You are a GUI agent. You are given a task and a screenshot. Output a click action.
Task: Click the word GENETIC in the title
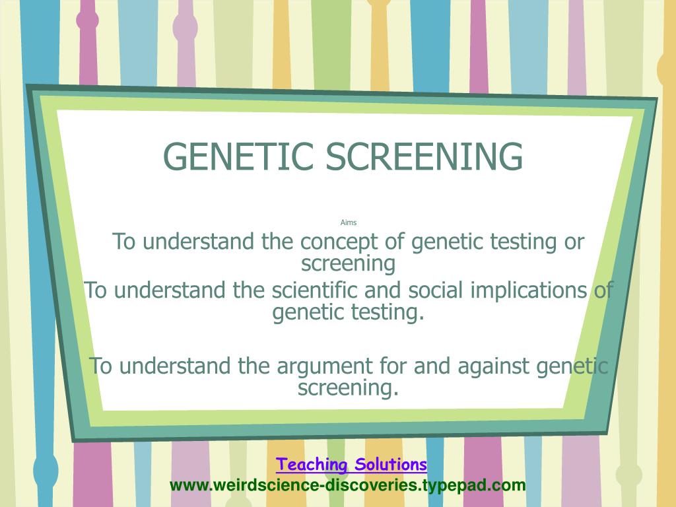tap(238, 156)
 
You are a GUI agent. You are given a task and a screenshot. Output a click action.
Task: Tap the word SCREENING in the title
tap(424, 156)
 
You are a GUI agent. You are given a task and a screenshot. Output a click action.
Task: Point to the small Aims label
tap(349, 222)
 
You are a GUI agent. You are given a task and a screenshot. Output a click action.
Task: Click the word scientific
tap(315, 290)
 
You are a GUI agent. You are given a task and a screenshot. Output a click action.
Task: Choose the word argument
tap(325, 367)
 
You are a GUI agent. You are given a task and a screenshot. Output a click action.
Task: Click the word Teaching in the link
tap(312, 464)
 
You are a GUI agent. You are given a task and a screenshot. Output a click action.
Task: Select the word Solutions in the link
tap(391, 464)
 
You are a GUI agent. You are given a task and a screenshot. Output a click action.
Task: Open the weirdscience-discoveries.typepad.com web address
tap(347, 485)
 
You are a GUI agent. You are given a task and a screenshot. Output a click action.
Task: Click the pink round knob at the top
tap(88, 20)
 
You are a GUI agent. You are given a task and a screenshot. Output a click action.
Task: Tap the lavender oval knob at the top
tap(186, 27)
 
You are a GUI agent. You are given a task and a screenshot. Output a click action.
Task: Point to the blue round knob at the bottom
tap(46, 469)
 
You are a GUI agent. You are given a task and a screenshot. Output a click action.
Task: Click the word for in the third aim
tap(393, 366)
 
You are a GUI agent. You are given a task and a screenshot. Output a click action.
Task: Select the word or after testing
tap(574, 242)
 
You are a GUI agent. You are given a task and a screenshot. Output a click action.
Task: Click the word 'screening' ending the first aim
tap(348, 264)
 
